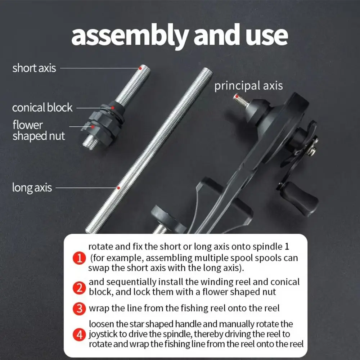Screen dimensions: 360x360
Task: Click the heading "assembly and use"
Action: [x=180, y=36]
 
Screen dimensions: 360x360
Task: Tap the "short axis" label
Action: [x=34, y=68]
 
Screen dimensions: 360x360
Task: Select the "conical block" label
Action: [x=42, y=107]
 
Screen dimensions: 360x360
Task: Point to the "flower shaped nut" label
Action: [x=39, y=130]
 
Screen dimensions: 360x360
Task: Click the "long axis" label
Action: [x=32, y=188]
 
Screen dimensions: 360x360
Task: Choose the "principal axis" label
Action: [x=248, y=86]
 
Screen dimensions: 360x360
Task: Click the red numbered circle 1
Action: [x=79, y=258]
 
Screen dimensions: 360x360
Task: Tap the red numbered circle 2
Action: [x=79, y=288]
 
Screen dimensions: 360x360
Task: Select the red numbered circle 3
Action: [x=79, y=309]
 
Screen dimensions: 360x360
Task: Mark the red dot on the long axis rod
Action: [x=118, y=188]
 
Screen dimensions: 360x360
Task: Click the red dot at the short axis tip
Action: [x=140, y=68]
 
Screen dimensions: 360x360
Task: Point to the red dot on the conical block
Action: [x=112, y=108]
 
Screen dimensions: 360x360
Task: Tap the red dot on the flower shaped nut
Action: [x=93, y=126]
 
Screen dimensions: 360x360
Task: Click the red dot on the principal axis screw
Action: [x=237, y=96]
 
